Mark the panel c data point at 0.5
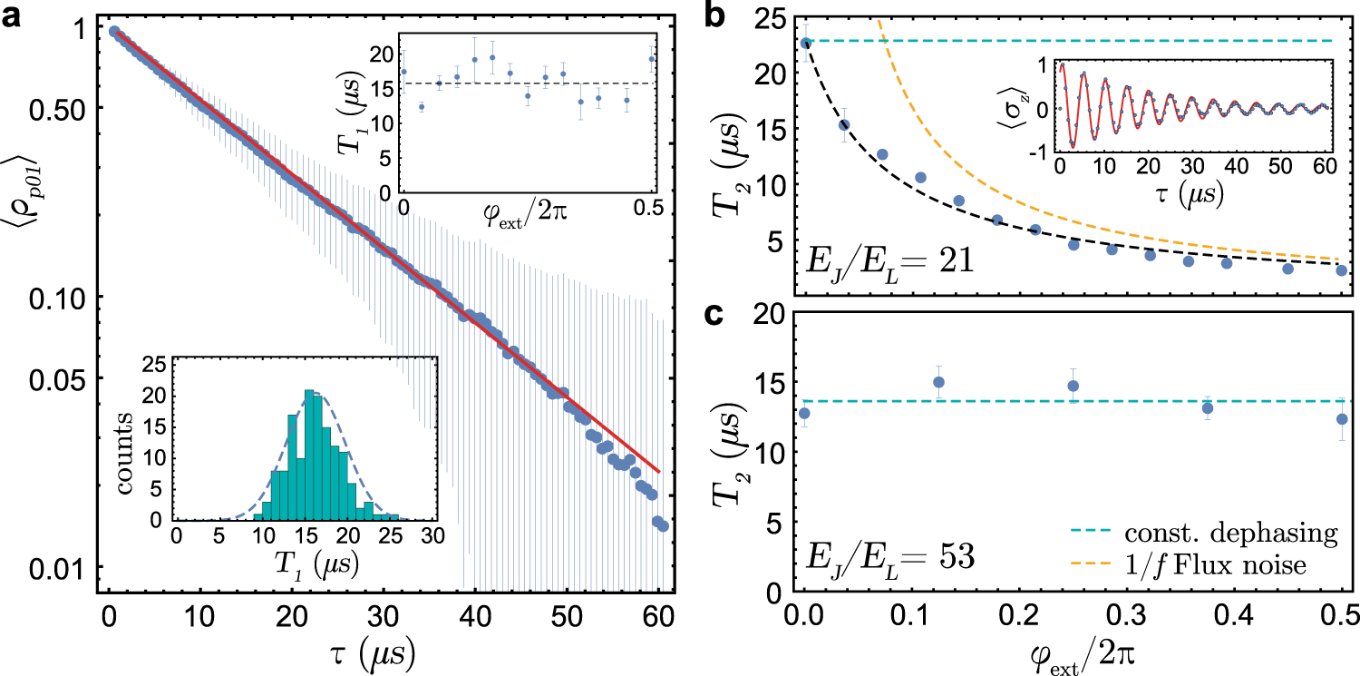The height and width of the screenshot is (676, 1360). pos(1342,419)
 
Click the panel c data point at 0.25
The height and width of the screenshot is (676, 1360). pos(1073,386)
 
